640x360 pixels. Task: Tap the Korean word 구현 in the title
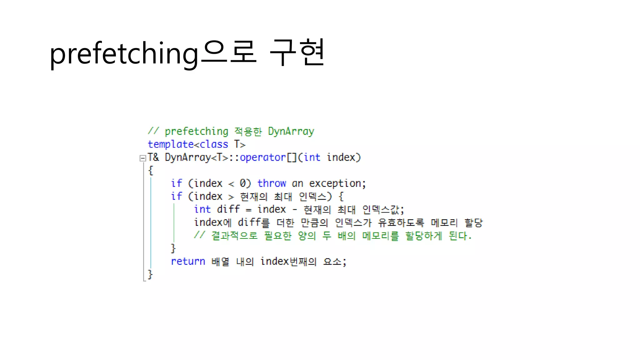pyautogui.click(x=297, y=52)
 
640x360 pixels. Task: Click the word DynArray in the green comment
pyautogui.click(x=291, y=132)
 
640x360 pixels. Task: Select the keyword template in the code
pyautogui.click(x=171, y=144)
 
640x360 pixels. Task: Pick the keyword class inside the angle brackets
pyautogui.click(x=214, y=144)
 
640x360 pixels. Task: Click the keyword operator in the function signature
pyautogui.click(x=262, y=157)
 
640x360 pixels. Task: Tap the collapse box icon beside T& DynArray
pyautogui.click(x=143, y=158)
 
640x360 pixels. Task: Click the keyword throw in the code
pyautogui.click(x=271, y=183)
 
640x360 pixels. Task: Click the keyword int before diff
pyautogui.click(x=202, y=209)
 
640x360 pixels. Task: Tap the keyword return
pyautogui.click(x=188, y=261)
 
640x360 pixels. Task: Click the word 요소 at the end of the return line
pyautogui.click(x=332, y=262)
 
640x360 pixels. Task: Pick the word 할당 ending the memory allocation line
pyautogui.click(x=473, y=222)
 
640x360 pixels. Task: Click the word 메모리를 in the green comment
pyautogui.click(x=380, y=236)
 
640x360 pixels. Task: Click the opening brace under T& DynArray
pyautogui.click(x=151, y=171)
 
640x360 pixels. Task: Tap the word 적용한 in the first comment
pyautogui.click(x=248, y=132)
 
